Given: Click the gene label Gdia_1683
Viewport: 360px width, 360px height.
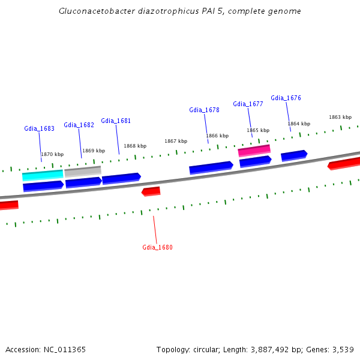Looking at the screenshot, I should [39, 128].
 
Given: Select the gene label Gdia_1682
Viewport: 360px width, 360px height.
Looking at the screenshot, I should [79, 125].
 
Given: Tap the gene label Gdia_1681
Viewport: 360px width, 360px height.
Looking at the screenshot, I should [116, 121].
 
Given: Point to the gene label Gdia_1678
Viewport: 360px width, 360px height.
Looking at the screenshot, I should [204, 110].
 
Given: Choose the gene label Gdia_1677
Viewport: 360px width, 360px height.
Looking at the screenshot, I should [248, 104].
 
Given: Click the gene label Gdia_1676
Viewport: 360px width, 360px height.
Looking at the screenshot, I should [286, 98].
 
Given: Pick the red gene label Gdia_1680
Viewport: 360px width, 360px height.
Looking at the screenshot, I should [157, 247].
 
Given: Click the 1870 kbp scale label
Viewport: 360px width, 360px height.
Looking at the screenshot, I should [52, 154].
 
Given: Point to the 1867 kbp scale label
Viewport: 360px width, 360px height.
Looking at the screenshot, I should [176, 141].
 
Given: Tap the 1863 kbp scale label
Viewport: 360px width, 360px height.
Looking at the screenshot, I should [340, 117].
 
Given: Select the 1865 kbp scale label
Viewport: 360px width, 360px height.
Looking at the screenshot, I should [258, 130].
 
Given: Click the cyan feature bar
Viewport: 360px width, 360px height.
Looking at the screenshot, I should [43, 175].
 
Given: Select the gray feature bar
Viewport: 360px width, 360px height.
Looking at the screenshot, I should [83, 172].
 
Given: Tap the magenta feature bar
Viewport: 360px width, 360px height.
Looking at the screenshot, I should [254, 150].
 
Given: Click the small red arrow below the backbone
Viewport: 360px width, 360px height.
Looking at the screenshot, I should [151, 191].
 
